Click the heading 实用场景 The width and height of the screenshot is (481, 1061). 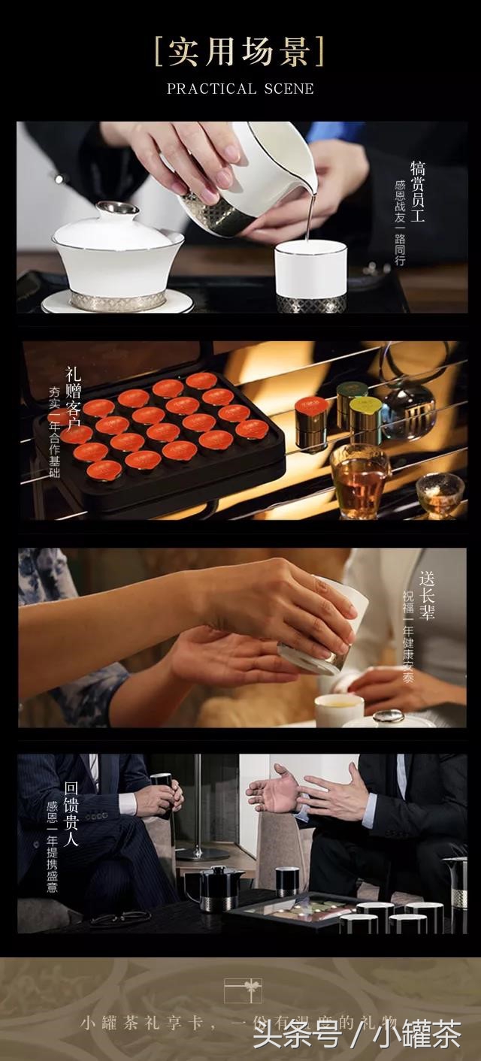coord(240,51)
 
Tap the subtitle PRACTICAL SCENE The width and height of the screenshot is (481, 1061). coord(240,89)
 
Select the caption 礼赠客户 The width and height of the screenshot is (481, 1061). coord(72,402)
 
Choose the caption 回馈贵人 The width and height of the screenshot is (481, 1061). coord(71,814)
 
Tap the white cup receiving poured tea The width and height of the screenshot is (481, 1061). coord(310,275)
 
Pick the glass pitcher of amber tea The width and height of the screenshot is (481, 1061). coord(358,479)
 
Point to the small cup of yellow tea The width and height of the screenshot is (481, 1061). coord(338,709)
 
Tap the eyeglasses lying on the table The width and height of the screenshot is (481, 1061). coord(120,917)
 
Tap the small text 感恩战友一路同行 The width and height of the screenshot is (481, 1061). coord(399,223)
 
